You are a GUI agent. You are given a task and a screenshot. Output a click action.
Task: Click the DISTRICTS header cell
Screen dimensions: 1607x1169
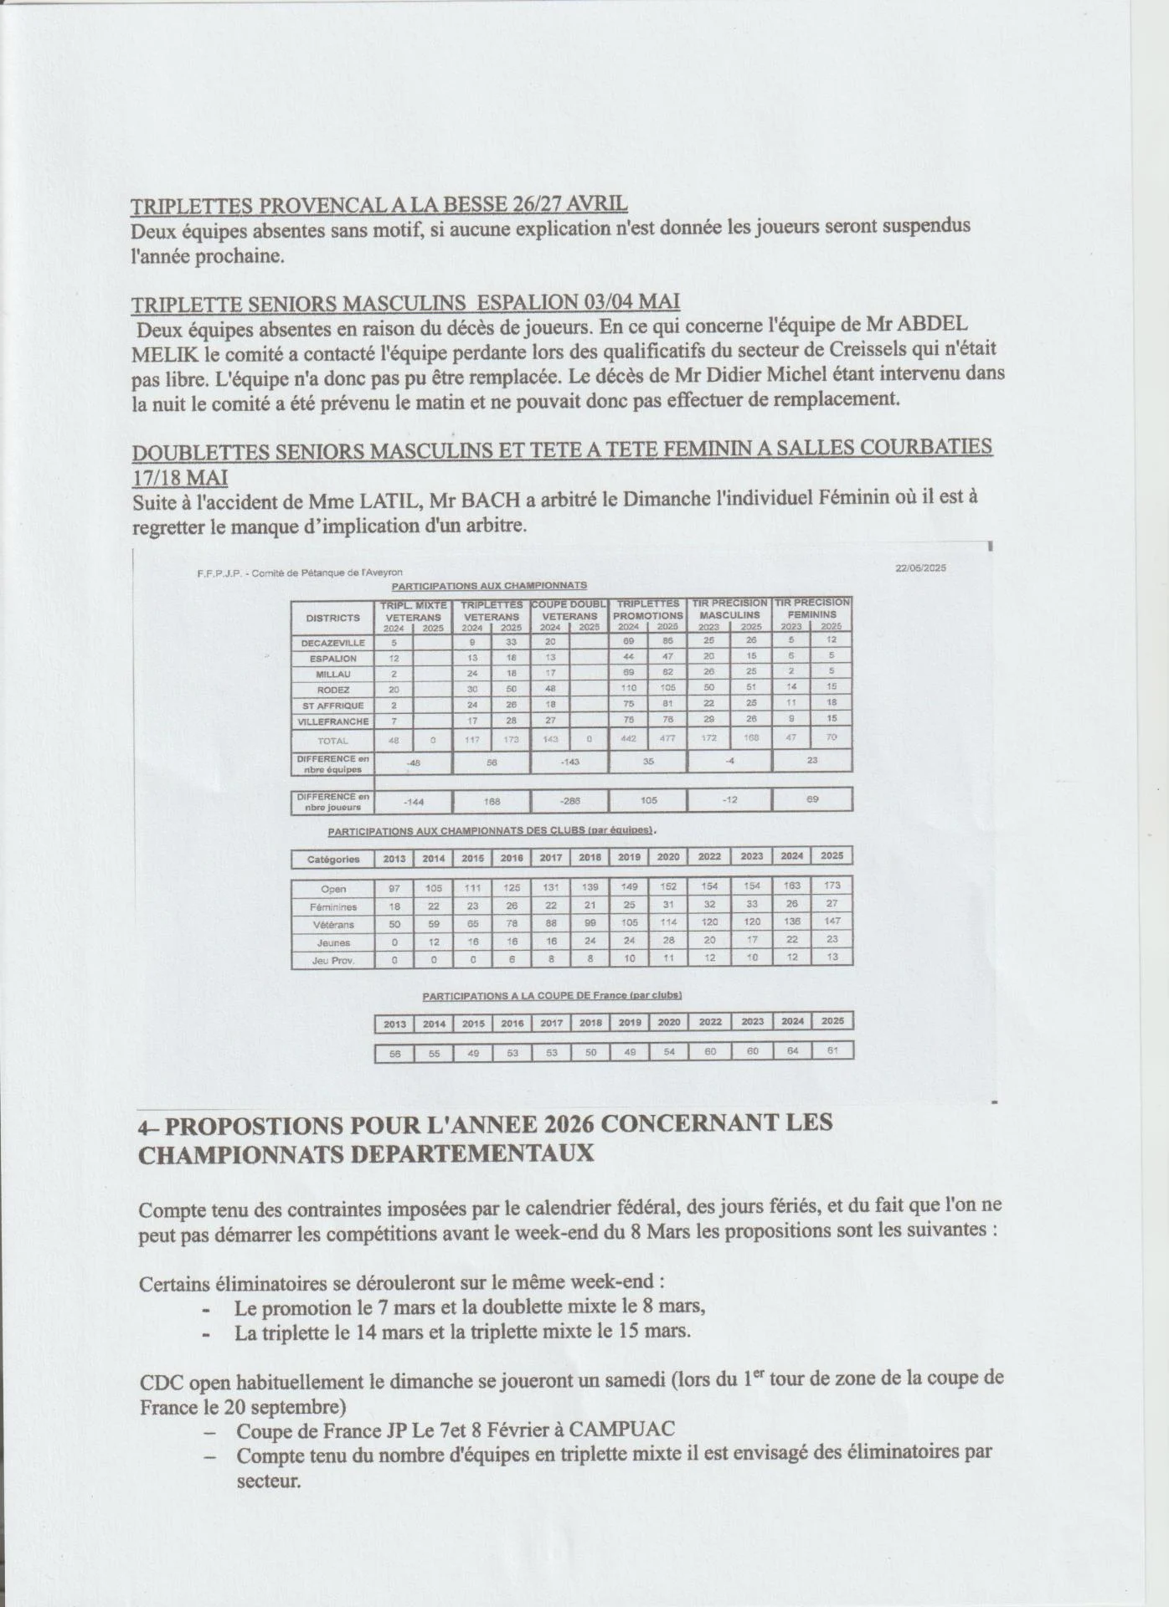click(332, 618)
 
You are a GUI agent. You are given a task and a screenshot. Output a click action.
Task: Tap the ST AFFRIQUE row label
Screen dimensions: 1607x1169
click(332, 706)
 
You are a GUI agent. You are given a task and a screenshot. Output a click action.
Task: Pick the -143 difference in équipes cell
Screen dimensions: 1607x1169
click(569, 762)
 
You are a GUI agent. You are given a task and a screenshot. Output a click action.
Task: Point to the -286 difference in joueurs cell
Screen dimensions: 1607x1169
click(569, 801)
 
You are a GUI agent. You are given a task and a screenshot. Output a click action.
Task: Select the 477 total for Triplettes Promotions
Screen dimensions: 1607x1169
click(667, 739)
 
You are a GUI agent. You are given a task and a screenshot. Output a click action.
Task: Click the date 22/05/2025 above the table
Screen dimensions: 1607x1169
click(920, 567)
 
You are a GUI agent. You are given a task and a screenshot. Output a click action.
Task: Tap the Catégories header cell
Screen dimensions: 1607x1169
click(332, 859)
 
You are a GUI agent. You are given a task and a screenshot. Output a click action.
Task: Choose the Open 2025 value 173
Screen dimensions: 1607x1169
click(832, 886)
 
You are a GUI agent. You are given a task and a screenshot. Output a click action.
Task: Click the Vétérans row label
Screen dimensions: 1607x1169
click(332, 925)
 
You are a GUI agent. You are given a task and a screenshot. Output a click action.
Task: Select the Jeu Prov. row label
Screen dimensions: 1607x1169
click(332, 961)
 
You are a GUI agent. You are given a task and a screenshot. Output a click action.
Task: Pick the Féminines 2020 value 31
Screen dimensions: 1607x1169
click(668, 905)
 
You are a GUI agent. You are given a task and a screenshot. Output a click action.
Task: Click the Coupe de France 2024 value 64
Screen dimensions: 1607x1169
click(791, 1051)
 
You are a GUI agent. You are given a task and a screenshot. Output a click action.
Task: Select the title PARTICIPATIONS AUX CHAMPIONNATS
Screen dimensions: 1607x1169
click(489, 586)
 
